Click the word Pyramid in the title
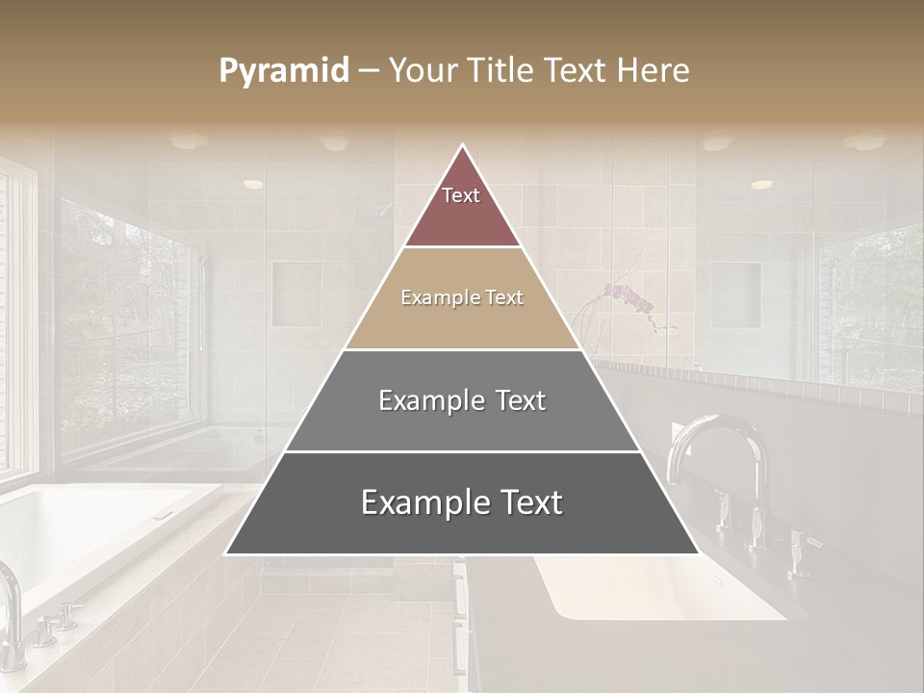tap(284, 71)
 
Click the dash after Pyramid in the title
tap(369, 71)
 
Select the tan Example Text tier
tap(462, 298)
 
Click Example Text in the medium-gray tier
tap(462, 400)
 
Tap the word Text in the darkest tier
tap(530, 502)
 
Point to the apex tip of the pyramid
tap(462, 145)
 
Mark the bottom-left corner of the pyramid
tap(227, 553)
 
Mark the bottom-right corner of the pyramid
tap(697, 553)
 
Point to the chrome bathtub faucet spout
tap(10, 597)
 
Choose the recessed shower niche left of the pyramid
tap(295, 294)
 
